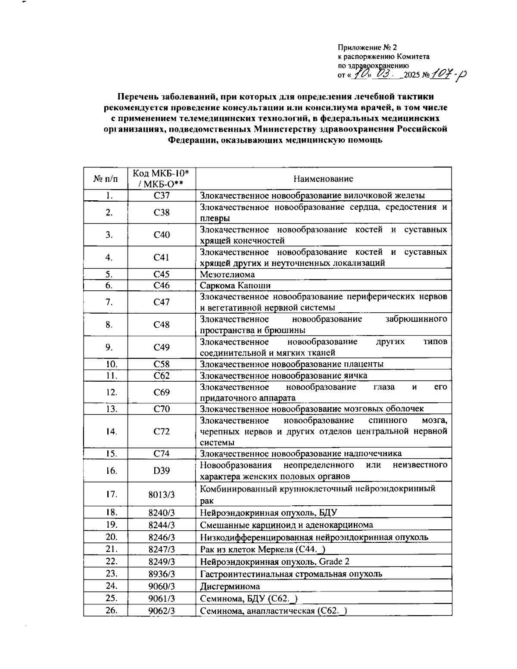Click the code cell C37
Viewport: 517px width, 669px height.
point(162,196)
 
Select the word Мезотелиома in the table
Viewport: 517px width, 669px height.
point(227,274)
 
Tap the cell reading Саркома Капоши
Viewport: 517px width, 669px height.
point(235,286)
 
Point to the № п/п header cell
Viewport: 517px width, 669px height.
point(106,179)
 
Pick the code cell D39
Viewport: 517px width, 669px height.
point(162,471)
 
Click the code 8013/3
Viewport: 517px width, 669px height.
point(162,495)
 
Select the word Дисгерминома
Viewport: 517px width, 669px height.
point(230,587)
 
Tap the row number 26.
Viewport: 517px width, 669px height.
point(111,610)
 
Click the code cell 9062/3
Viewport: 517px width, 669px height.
point(162,611)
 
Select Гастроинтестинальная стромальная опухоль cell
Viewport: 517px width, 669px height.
point(291,574)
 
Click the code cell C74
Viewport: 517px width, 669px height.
point(162,454)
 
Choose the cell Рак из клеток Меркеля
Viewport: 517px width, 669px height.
point(263,549)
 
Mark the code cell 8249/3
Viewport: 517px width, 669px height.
point(162,562)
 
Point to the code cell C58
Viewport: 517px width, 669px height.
point(162,364)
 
